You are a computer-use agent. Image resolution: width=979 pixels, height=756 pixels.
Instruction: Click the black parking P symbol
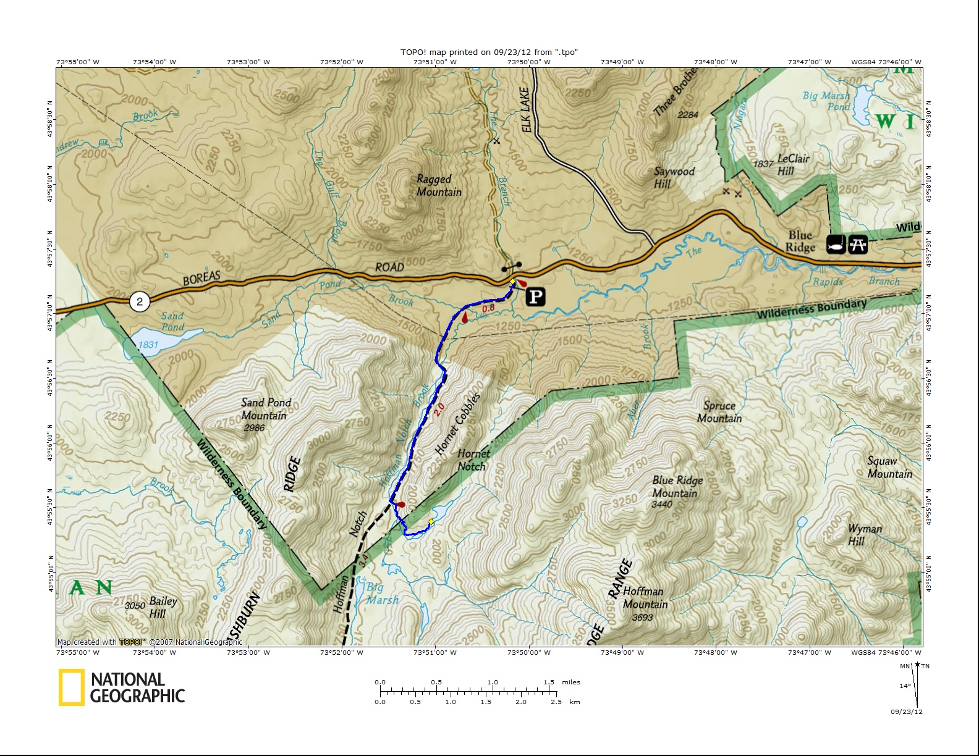click(535, 297)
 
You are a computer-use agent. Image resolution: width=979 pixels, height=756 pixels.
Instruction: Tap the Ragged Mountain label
click(439, 185)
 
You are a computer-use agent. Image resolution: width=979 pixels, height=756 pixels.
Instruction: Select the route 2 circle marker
click(140, 301)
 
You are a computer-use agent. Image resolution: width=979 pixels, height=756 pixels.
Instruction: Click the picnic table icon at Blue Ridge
click(857, 245)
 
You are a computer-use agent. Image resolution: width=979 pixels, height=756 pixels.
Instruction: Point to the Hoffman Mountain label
click(644, 597)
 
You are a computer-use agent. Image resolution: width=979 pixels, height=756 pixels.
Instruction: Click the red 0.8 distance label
click(488, 308)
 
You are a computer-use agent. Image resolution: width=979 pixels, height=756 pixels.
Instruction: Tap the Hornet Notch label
click(473, 460)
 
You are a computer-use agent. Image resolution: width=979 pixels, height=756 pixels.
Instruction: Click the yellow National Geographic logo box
click(71, 687)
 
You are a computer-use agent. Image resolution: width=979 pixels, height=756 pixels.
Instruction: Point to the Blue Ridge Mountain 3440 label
click(676, 487)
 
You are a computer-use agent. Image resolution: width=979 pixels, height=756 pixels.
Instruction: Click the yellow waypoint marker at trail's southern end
click(431, 522)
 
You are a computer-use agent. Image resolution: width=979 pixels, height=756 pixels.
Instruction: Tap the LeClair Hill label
click(792, 164)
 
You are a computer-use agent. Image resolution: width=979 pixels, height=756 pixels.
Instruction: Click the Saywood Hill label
click(673, 177)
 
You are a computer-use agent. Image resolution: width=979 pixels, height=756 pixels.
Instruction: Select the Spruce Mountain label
click(719, 412)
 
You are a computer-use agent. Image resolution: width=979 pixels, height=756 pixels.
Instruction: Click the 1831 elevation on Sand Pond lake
click(148, 345)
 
